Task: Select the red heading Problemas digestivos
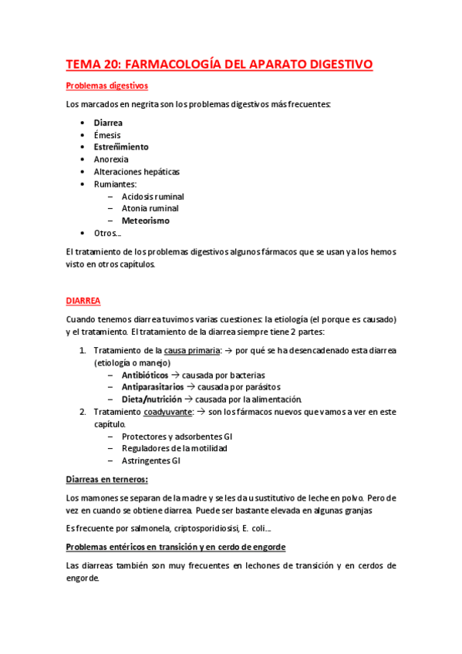(x=106, y=86)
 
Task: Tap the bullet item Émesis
(x=107, y=135)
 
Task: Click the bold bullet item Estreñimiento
(x=121, y=147)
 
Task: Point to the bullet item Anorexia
(x=111, y=159)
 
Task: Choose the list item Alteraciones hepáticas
(x=137, y=171)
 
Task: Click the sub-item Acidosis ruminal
(x=153, y=196)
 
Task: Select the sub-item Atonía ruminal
(x=150, y=208)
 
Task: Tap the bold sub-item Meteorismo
(x=145, y=221)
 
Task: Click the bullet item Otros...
(x=107, y=233)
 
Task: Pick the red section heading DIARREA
(x=83, y=301)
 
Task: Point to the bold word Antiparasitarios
(x=153, y=387)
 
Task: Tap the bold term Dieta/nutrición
(x=151, y=399)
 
